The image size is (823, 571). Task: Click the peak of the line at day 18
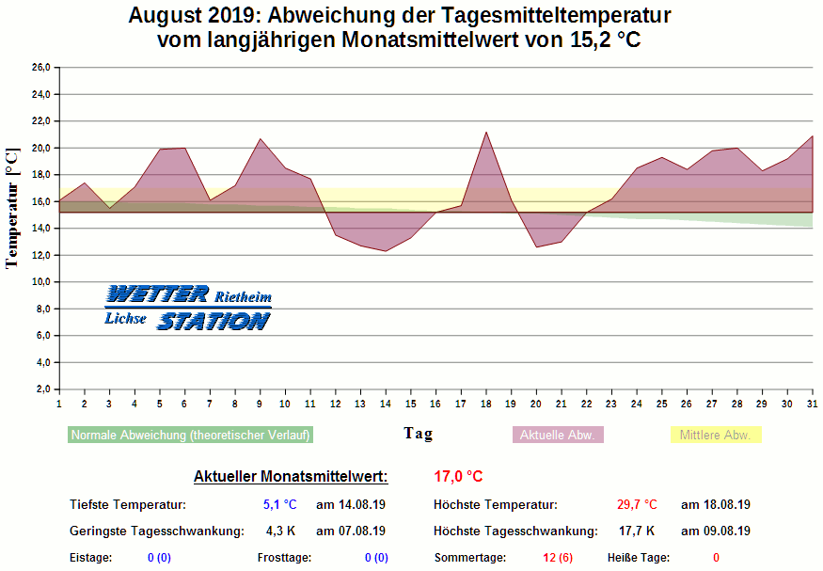click(486, 132)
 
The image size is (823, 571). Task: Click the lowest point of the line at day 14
click(386, 251)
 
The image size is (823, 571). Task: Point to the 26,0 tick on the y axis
click(41, 68)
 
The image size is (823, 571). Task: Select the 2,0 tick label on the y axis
click(43, 389)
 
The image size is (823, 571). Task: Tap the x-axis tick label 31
click(812, 404)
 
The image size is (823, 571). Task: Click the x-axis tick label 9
click(260, 404)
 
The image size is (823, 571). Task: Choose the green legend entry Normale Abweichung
click(190, 436)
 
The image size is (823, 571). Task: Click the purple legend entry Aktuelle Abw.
click(558, 436)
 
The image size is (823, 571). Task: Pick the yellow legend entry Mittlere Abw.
click(715, 436)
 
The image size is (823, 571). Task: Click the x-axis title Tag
click(419, 433)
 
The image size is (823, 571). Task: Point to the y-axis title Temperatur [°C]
click(12, 207)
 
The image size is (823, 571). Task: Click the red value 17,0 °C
click(458, 477)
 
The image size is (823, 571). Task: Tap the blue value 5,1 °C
click(279, 505)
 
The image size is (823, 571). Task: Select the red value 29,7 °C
click(637, 505)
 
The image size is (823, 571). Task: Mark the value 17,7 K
click(637, 531)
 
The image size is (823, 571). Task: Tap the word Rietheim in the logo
click(244, 297)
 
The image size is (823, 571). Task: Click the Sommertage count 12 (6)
click(558, 558)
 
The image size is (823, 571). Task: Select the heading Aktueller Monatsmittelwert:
click(291, 477)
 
